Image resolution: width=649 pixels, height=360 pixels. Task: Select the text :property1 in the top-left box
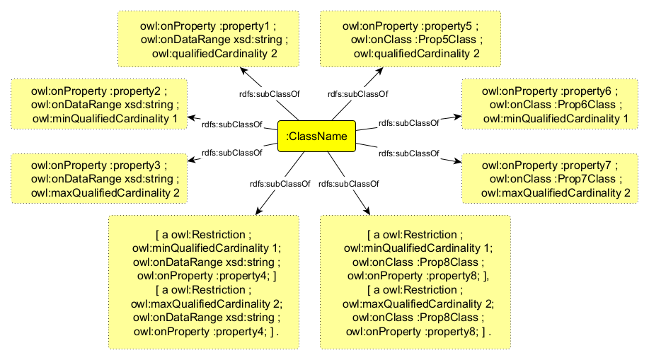(x=241, y=26)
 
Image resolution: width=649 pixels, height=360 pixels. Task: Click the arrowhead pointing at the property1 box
(x=243, y=71)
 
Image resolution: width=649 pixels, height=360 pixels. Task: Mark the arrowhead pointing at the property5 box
(x=379, y=71)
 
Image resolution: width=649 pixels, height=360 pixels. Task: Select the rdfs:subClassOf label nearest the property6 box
(x=408, y=123)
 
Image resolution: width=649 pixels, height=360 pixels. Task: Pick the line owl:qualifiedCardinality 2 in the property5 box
(x=417, y=53)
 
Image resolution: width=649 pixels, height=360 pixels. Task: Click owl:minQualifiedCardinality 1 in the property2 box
(x=105, y=118)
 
